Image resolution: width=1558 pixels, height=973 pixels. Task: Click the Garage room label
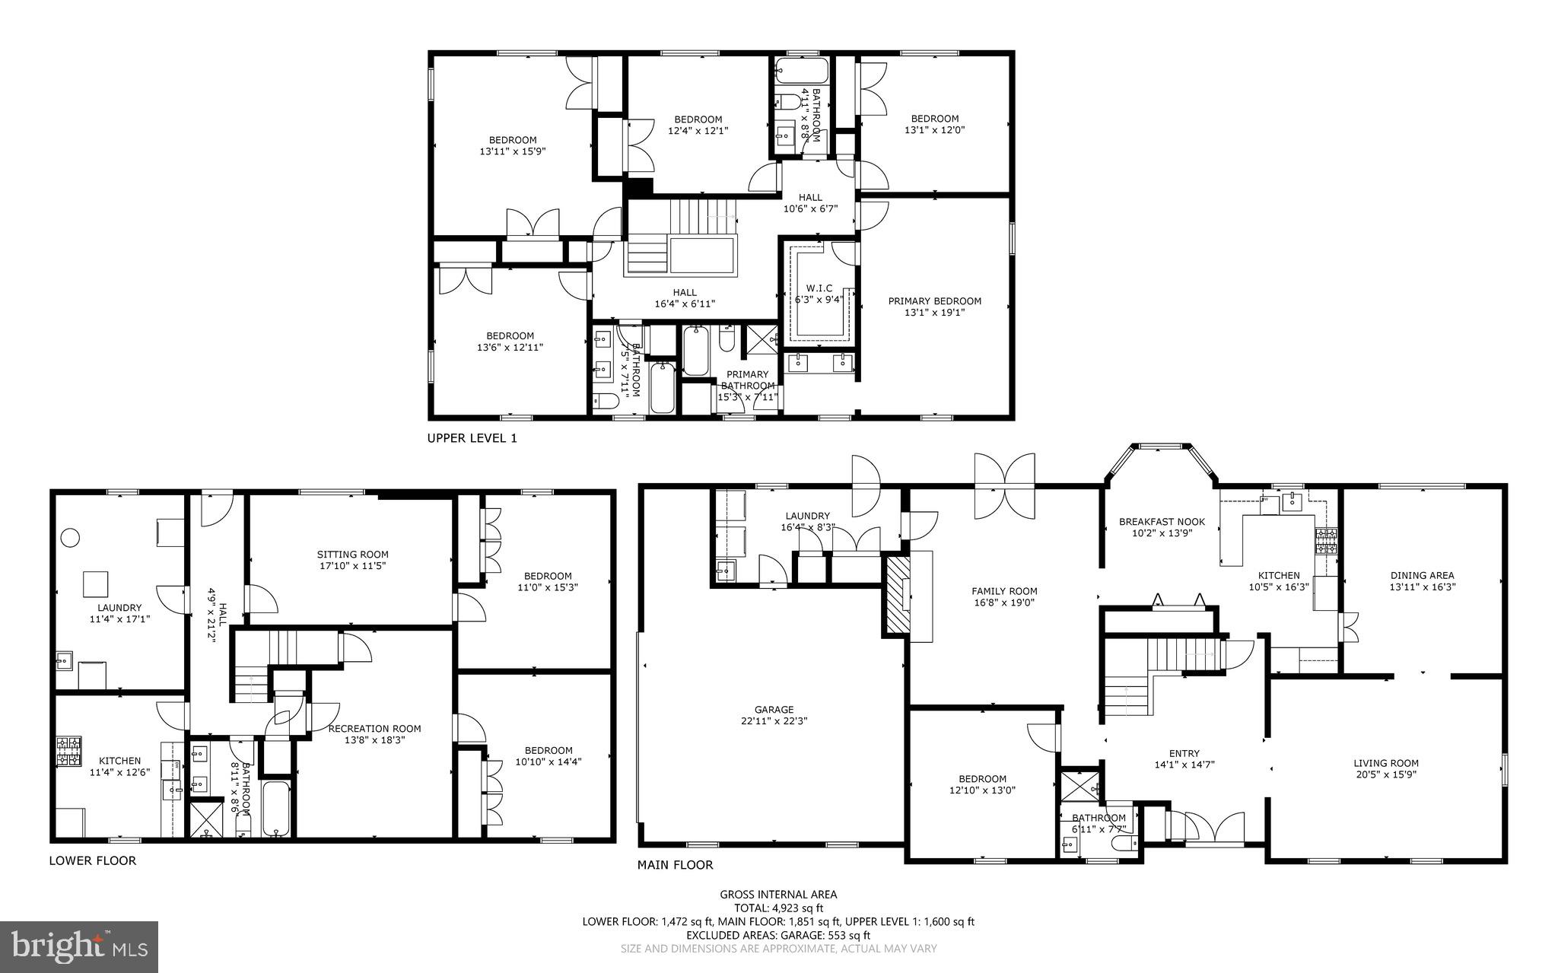tap(774, 710)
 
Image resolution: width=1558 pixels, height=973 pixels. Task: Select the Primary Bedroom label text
tap(934, 301)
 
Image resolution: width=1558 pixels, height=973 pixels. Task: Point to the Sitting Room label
tap(352, 555)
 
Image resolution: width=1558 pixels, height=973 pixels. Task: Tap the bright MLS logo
tap(79, 946)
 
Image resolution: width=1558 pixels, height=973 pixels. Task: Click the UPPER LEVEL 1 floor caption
tap(472, 438)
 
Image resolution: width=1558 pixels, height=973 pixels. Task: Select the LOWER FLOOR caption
tap(93, 860)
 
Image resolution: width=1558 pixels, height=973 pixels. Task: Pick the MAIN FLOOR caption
tap(675, 865)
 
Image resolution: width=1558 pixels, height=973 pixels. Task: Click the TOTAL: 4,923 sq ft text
tap(778, 908)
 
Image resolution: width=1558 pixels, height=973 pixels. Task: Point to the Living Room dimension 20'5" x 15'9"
tap(1385, 774)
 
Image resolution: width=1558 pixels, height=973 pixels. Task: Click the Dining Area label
tap(1422, 575)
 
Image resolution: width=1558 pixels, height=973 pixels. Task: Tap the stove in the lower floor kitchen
tap(68, 751)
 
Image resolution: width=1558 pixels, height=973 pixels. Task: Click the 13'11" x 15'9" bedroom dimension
tap(512, 151)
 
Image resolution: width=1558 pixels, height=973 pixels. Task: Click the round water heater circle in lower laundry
tap(70, 538)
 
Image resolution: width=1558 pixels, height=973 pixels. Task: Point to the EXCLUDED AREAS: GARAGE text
tap(778, 935)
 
